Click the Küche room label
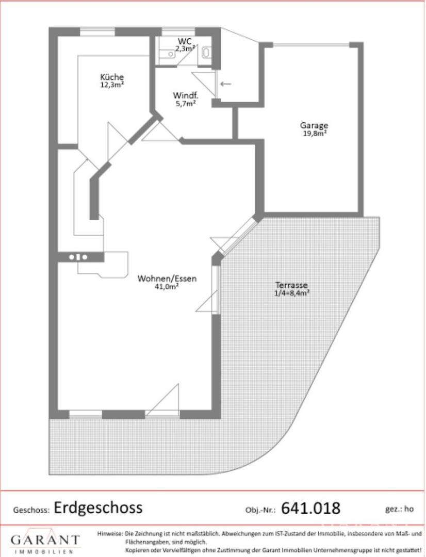click(112, 77)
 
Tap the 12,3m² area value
click(112, 85)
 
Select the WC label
click(185, 41)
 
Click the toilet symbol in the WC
click(206, 53)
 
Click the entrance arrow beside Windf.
click(225, 84)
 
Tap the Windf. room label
click(186, 95)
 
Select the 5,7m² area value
click(186, 103)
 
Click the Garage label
click(314, 125)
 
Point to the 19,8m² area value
click(314, 134)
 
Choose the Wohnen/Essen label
click(167, 278)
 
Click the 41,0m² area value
click(167, 287)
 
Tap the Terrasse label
click(291, 285)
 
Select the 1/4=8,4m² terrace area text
click(291, 293)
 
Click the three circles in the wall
click(78, 257)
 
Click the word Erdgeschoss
click(98, 508)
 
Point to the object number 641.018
click(310, 509)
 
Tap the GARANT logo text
click(45, 540)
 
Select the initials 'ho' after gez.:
click(409, 509)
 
